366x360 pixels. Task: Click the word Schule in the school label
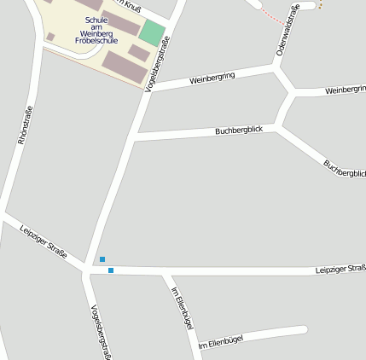96,19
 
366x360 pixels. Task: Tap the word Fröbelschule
96,39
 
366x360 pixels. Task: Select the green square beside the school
152,32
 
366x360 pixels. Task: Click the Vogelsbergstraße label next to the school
159,62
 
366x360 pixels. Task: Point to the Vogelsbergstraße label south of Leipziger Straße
99,331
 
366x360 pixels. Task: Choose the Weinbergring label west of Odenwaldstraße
212,78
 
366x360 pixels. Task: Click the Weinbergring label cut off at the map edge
345,89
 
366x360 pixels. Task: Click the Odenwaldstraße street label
288,31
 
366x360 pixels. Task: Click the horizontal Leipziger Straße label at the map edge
340,270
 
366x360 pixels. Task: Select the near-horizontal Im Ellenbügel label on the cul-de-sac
221,342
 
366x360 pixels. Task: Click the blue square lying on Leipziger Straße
111,270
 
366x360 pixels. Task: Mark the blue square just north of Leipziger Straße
102,259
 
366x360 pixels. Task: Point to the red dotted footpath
271,15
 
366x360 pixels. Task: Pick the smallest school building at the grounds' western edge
51,37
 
